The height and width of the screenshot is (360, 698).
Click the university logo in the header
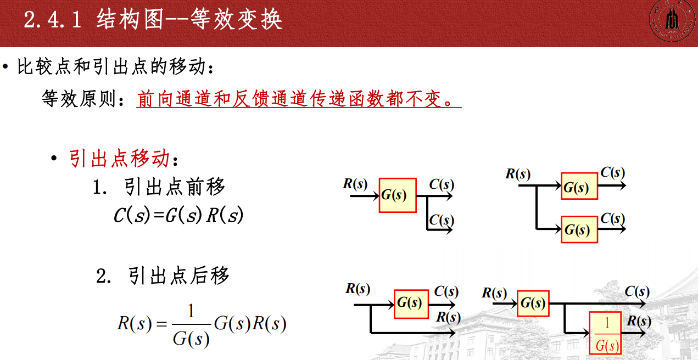[671, 22]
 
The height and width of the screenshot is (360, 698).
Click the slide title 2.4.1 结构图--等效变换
[153, 20]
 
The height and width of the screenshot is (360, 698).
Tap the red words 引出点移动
[120, 159]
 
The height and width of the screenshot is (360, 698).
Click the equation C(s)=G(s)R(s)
[178, 215]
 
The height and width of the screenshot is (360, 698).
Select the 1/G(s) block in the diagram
[606, 333]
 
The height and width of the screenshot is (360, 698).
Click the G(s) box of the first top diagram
[398, 195]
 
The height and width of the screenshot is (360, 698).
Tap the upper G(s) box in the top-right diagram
[579, 186]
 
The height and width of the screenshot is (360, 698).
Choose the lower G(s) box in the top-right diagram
[579, 229]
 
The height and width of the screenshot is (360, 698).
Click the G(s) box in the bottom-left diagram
[411, 303]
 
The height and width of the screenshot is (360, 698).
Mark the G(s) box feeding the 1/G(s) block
[533, 303]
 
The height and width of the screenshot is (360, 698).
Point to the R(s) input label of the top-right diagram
[518, 175]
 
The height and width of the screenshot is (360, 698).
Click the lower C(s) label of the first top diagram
[441, 221]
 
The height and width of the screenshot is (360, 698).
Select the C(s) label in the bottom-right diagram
[637, 291]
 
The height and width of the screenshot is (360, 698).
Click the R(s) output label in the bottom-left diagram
[448, 317]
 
